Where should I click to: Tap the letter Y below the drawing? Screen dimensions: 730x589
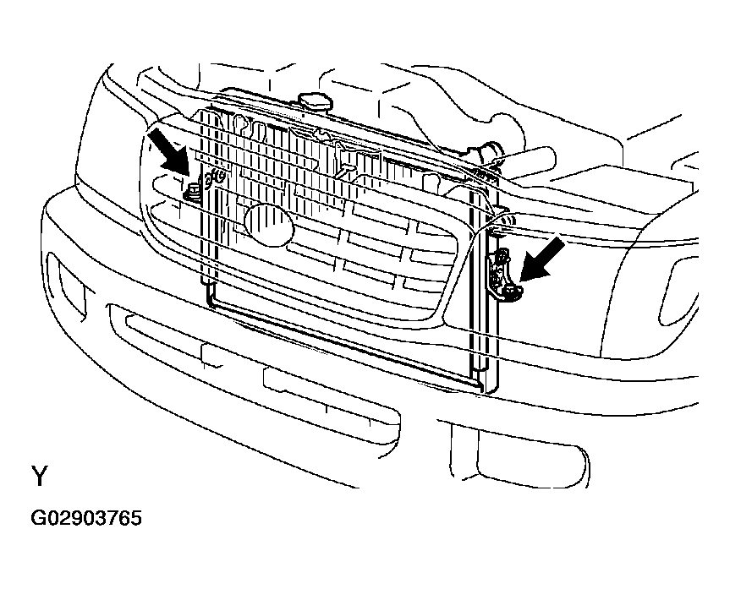[x=40, y=476]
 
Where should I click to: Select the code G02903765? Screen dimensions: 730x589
[x=86, y=518]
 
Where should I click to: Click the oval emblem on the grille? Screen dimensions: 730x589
[x=269, y=225]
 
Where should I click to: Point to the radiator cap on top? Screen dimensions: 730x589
[x=313, y=102]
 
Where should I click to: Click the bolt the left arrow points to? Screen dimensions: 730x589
[x=192, y=192]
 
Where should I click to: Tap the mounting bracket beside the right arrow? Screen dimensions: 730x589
[x=502, y=275]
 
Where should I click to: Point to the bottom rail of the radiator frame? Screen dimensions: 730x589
[x=344, y=343]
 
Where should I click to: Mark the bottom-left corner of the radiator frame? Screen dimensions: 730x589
[x=208, y=306]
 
